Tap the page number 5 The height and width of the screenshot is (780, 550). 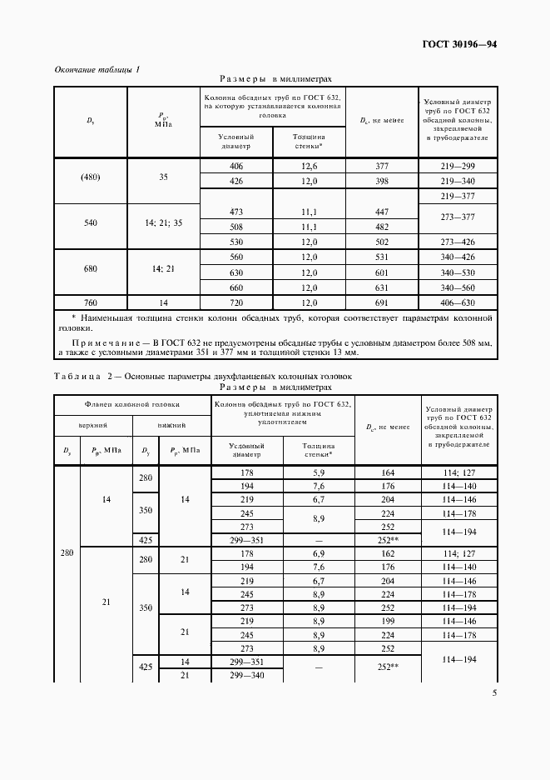[494, 692]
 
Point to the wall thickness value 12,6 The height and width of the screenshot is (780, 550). [310, 167]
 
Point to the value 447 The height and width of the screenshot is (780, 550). [382, 212]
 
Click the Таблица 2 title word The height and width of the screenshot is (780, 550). [78, 377]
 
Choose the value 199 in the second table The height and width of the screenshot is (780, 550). [388, 621]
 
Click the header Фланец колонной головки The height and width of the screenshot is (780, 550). [132, 404]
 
